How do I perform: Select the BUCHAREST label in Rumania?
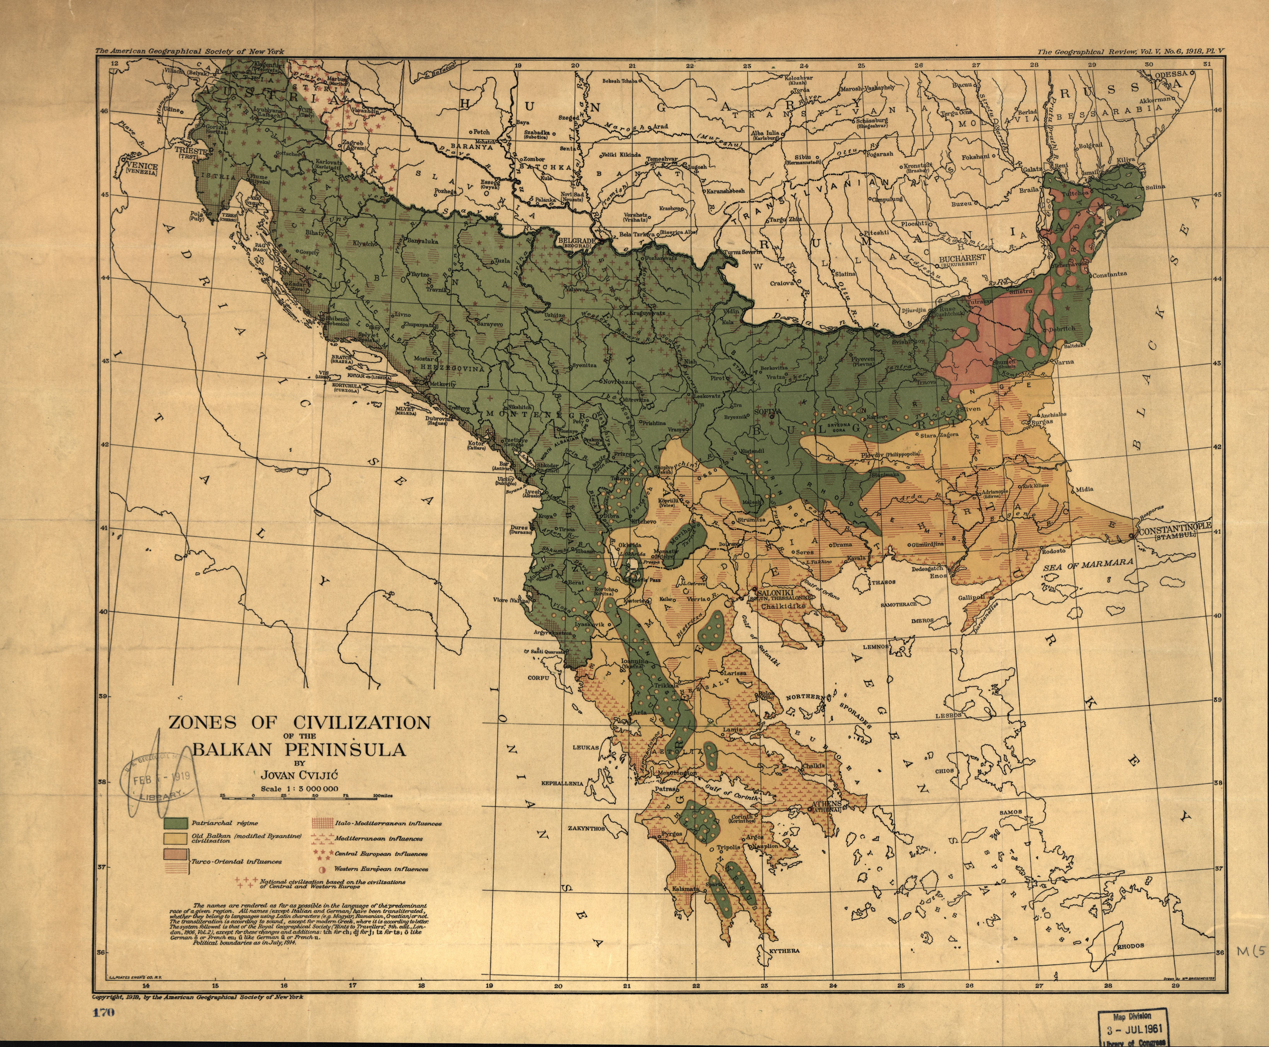tap(962, 258)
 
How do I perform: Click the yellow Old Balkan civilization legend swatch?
tap(175, 838)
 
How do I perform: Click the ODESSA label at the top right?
tap(1171, 74)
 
